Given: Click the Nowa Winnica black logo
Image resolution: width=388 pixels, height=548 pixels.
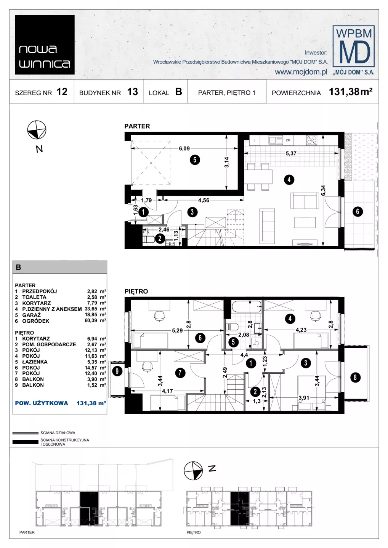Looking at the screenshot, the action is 45,45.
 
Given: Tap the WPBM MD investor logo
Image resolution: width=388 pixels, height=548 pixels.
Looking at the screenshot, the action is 353,50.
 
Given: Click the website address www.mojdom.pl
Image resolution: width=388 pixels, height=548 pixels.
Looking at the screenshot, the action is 301,72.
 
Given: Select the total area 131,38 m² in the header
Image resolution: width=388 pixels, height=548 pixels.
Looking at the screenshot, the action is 351,92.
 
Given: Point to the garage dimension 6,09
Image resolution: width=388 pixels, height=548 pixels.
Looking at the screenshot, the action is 184,148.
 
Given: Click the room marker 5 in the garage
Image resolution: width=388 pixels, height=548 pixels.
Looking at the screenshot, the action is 195,160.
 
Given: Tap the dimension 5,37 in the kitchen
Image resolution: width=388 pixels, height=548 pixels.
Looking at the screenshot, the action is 291,153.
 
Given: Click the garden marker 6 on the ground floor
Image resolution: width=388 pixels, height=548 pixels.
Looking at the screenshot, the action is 358,211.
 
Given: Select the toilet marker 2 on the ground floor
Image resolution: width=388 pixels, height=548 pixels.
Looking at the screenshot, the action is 160,238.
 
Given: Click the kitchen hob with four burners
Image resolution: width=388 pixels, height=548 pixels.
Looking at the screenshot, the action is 311,140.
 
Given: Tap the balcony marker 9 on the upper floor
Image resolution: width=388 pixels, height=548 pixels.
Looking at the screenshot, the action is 117,371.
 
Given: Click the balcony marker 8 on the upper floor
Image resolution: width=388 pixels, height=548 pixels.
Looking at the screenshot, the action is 355,377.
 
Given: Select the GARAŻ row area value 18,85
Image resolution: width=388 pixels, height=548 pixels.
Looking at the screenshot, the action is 91,315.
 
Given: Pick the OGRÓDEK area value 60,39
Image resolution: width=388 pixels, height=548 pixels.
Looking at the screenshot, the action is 91,321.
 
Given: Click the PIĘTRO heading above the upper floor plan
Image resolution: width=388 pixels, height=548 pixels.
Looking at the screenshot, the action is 136,292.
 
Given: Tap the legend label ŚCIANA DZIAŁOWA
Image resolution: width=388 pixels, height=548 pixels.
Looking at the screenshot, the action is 58,433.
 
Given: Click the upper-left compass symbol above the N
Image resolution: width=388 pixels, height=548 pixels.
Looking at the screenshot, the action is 37,130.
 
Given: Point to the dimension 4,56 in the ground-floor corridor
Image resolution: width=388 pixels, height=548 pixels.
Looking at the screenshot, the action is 204,200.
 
